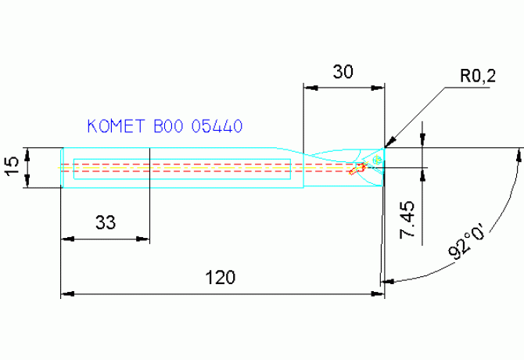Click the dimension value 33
tap(106, 222)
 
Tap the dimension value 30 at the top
tap(343, 72)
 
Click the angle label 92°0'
tap(465, 241)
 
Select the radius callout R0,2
tap(478, 76)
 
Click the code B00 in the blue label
tap(168, 125)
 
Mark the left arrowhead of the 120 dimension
tap(66, 293)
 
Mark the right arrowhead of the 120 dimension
tap(380, 293)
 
